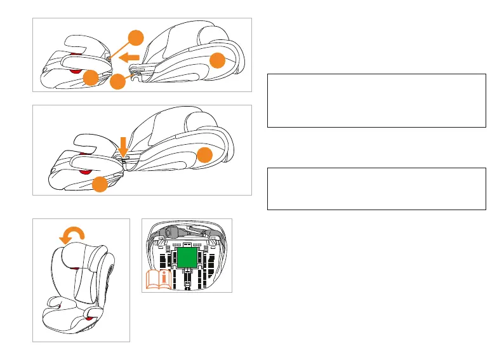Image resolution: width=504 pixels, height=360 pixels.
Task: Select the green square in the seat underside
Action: click(186, 257)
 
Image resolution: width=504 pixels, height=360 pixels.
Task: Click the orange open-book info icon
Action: click(157, 280)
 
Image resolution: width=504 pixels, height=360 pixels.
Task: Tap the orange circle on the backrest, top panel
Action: click(218, 60)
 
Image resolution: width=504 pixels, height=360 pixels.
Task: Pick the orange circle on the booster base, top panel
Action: click(91, 77)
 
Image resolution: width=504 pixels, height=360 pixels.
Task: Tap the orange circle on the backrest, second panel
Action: click(204, 156)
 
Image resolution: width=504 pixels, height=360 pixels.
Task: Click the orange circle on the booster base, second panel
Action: click(100, 185)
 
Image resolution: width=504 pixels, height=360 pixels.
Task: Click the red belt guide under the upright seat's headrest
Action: click(78, 270)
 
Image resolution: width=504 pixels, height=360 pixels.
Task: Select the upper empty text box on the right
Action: click(376, 101)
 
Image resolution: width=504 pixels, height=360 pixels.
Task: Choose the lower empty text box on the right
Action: click(376, 189)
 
